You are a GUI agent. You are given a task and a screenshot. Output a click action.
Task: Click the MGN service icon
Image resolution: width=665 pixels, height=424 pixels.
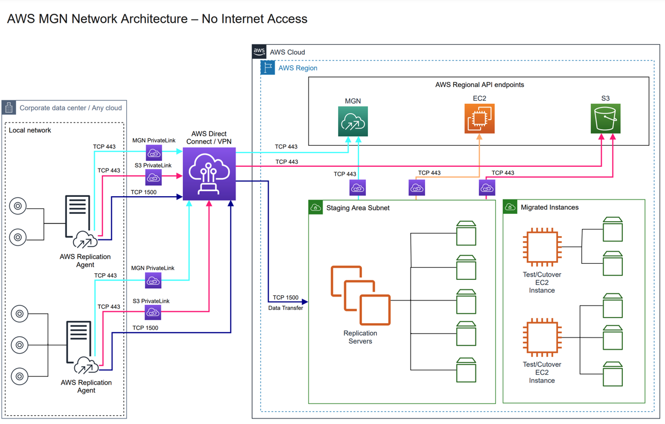click(353, 121)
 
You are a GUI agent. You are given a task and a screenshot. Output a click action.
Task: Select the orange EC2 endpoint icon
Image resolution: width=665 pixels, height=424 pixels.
click(479, 119)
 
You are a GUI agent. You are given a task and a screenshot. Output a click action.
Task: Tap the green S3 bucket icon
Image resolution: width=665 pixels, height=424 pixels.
click(605, 119)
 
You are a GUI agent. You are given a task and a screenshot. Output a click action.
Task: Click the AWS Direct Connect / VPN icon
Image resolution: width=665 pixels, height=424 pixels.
click(209, 174)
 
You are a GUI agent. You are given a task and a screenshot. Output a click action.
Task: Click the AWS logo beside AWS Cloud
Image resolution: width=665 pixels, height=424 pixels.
click(259, 52)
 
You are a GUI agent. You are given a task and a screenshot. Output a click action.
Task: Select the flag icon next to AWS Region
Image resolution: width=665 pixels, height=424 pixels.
click(268, 68)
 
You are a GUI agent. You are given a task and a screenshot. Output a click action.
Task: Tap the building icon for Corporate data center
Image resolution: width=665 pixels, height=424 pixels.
click(9, 108)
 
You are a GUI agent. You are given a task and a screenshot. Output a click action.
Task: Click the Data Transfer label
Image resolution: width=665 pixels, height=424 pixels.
click(285, 308)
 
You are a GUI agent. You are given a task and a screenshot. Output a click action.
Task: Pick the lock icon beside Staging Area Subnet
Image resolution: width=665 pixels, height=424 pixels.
click(316, 207)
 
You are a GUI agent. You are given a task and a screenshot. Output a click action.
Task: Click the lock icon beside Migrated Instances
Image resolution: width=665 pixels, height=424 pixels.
click(510, 207)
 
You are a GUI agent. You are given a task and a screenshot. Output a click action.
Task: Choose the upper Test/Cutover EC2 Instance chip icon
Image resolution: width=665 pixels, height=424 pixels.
click(542, 247)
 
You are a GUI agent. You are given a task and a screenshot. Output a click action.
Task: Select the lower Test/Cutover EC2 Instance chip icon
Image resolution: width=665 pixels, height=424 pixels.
click(542, 337)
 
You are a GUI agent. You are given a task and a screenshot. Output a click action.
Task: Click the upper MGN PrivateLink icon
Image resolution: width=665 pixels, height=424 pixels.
click(154, 153)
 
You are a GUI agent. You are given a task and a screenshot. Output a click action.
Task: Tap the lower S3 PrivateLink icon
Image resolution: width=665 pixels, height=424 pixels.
click(153, 313)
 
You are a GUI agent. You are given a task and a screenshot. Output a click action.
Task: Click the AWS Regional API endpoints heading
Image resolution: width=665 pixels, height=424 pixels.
click(479, 85)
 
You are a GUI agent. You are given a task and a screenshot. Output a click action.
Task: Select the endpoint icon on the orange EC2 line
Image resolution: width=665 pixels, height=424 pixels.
click(417, 188)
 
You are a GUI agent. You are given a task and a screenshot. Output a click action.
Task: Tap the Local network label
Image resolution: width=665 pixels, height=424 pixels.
click(30, 130)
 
